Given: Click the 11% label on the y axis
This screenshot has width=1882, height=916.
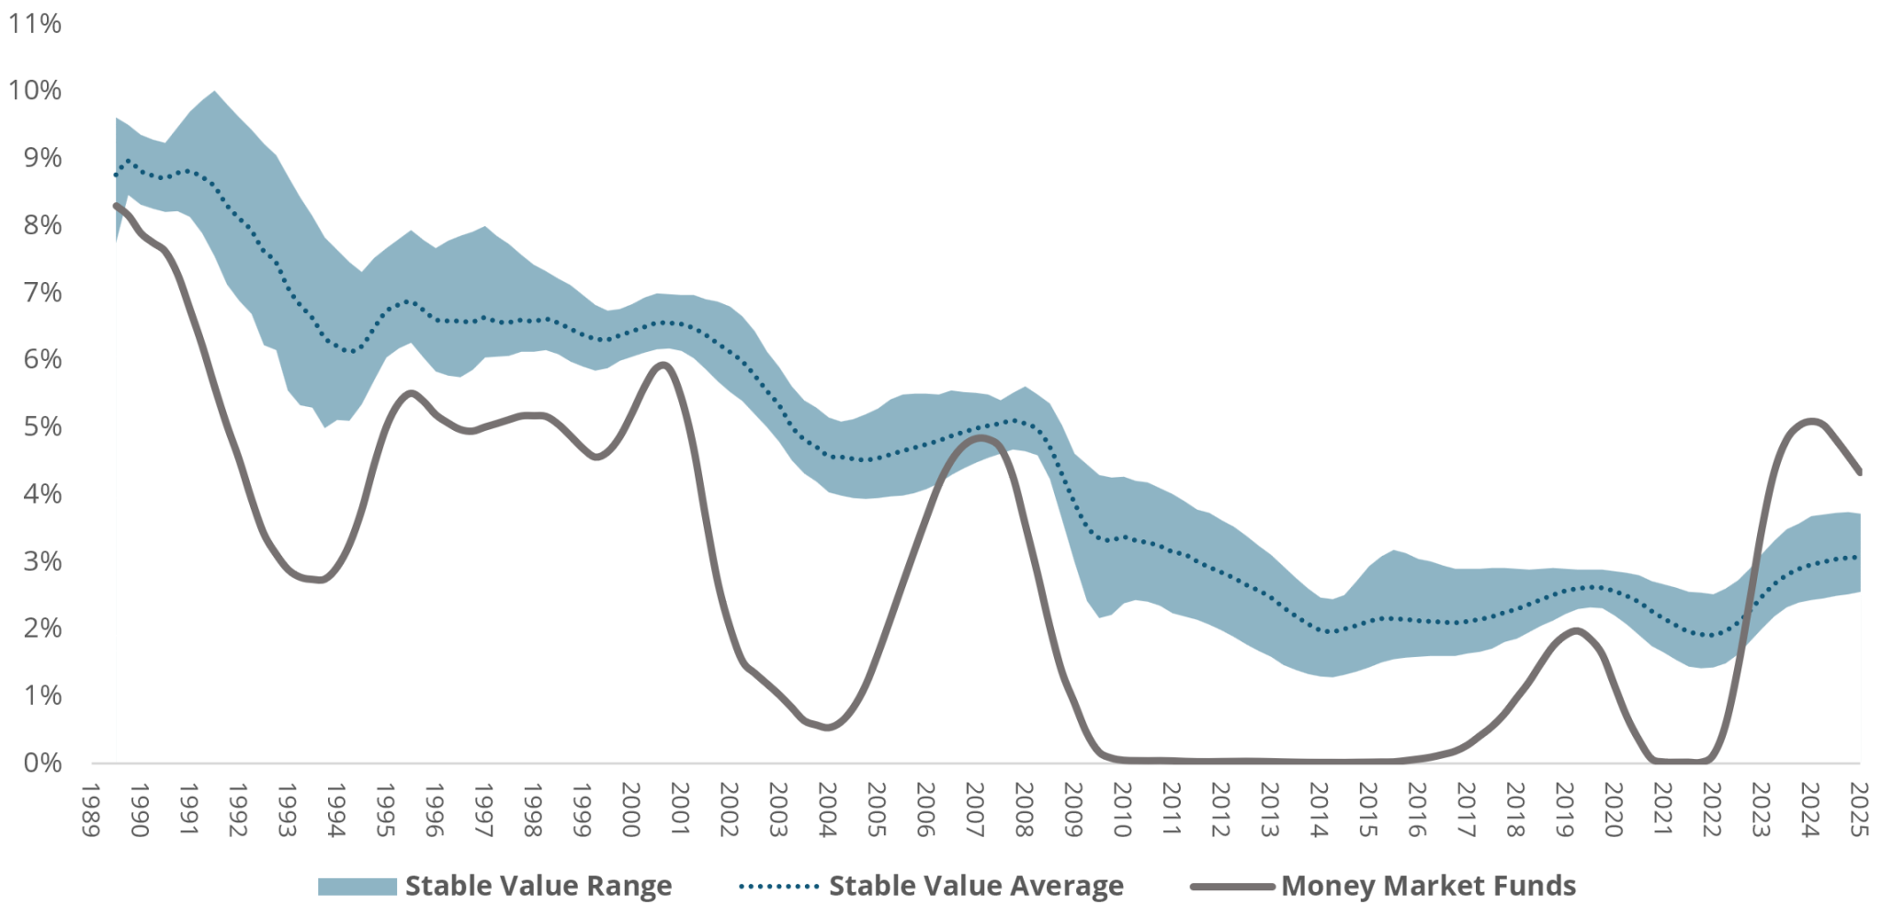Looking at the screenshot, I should click(35, 23).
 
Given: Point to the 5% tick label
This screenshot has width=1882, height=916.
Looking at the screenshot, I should click(42, 426).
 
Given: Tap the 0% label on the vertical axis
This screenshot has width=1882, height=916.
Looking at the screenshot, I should click(42, 763).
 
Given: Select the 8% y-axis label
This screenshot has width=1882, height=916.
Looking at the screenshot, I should click(42, 225).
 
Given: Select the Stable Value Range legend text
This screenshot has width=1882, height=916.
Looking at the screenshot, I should click(539, 886).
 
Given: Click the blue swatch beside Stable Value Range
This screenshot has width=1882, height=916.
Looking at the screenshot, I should click(357, 886).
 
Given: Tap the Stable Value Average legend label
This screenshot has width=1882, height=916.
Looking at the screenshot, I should click(976, 886).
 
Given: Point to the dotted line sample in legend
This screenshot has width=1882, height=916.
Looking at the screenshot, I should click(777, 887).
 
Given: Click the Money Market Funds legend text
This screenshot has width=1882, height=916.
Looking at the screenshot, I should click(1428, 886).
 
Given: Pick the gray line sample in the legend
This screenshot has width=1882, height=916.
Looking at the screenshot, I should click(1231, 887).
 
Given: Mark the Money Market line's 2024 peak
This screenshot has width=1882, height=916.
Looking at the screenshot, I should click(1810, 421).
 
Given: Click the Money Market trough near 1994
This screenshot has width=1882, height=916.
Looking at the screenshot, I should click(318, 580).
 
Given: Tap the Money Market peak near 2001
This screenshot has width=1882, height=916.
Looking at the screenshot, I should click(663, 365).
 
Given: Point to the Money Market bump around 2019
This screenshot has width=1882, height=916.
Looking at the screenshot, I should click(1575, 630).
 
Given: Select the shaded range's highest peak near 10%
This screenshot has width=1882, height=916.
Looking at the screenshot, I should click(214, 92).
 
